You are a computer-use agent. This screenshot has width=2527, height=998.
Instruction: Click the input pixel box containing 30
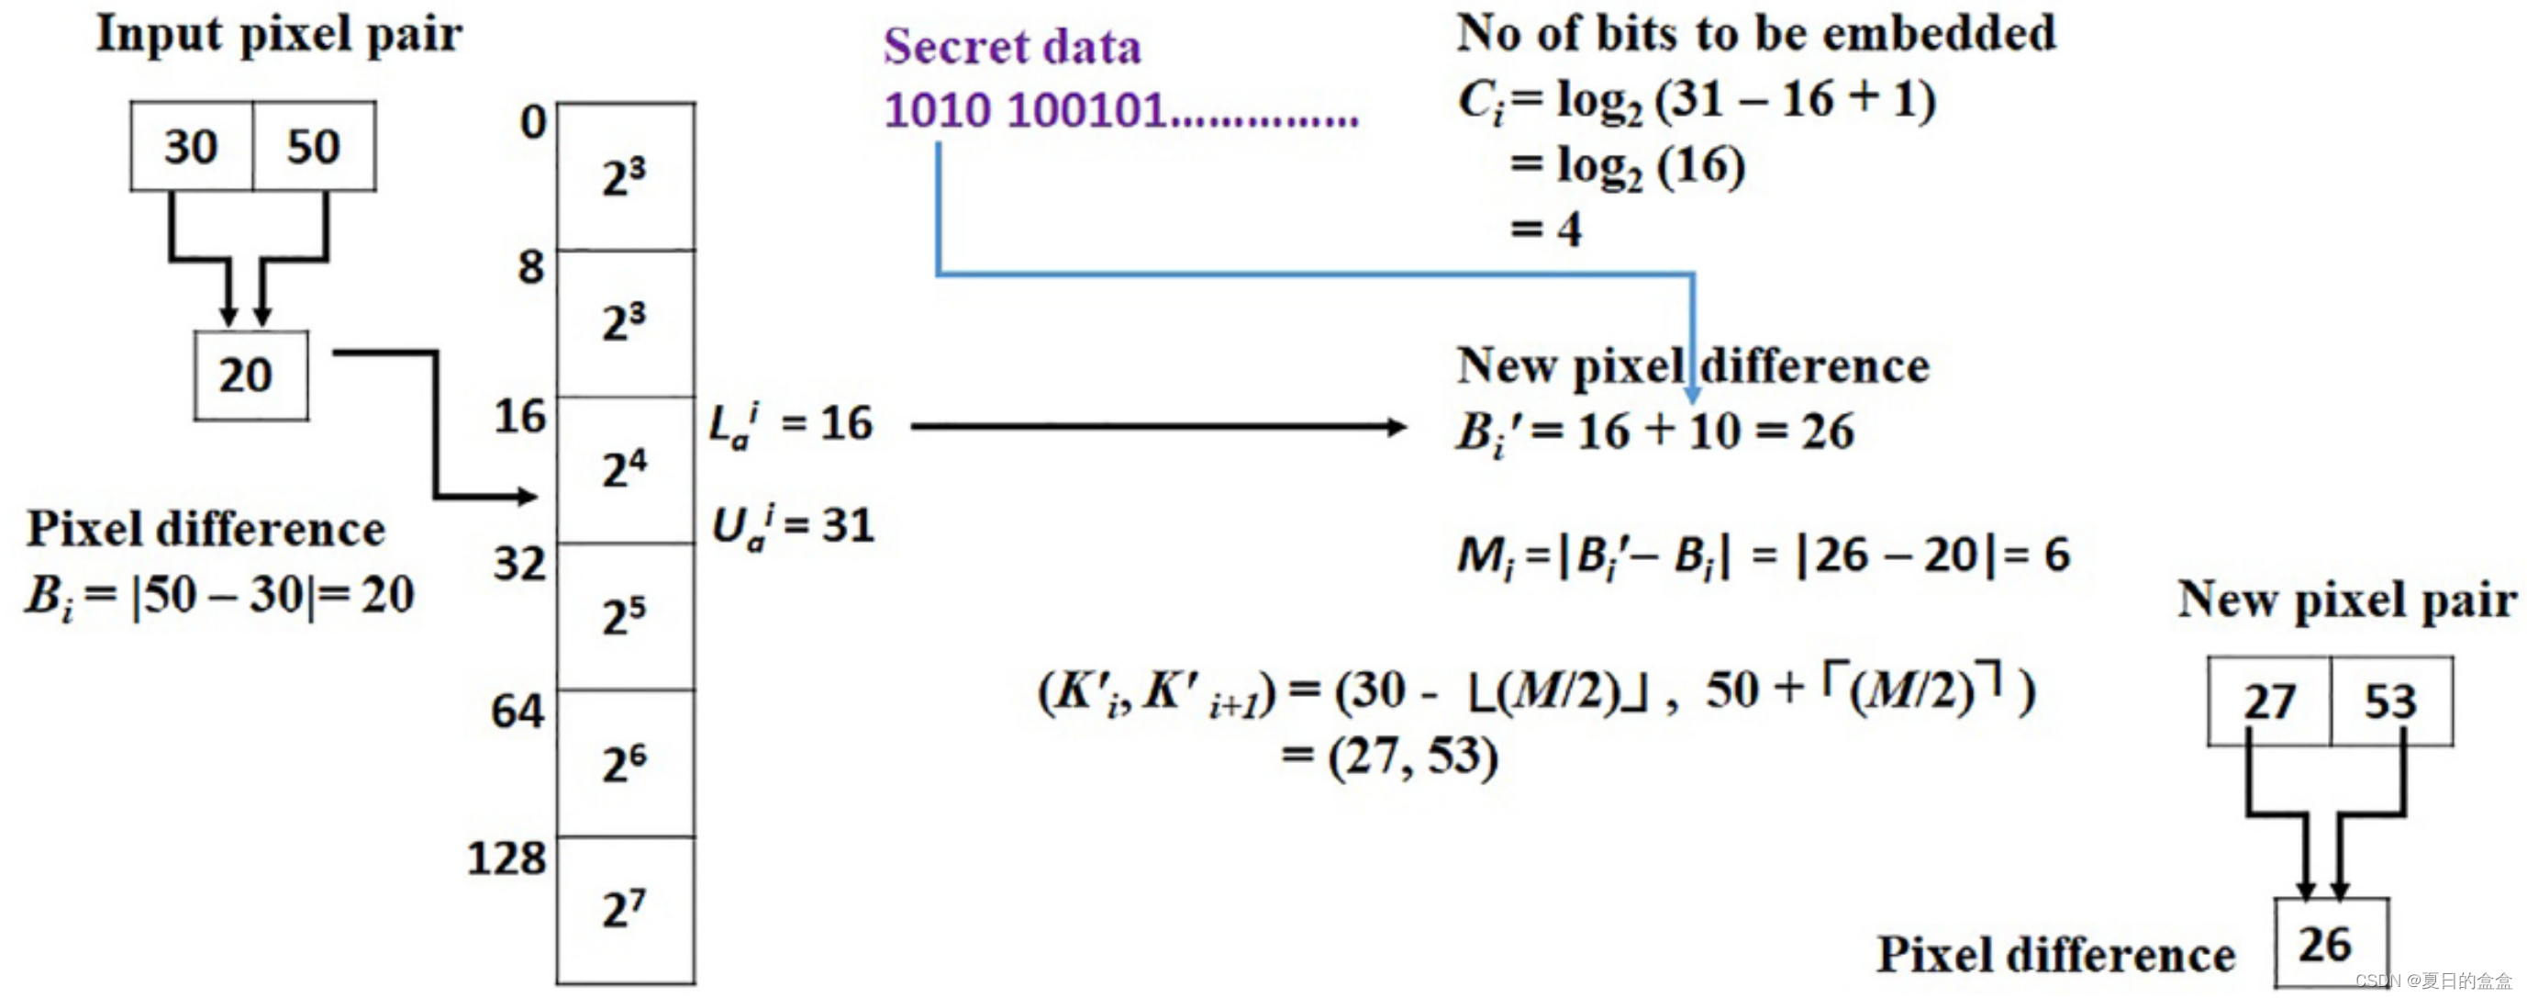pyautogui.click(x=191, y=146)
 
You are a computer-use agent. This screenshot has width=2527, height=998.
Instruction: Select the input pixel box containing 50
pyautogui.click(x=314, y=146)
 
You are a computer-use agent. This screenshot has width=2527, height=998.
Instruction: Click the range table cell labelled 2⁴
pyautogui.click(x=626, y=469)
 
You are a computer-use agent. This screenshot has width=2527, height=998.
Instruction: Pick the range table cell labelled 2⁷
pyautogui.click(x=626, y=910)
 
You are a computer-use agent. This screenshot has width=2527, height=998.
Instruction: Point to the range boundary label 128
pyautogui.click(x=507, y=858)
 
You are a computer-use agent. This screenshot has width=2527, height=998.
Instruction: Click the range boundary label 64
pyautogui.click(x=517, y=712)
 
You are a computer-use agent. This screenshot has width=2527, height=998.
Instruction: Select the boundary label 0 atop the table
pyautogui.click(x=533, y=123)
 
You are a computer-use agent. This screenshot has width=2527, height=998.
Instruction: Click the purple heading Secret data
pyautogui.click(x=1011, y=47)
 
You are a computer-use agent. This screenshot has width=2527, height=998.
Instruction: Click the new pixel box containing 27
pyautogui.click(x=2269, y=701)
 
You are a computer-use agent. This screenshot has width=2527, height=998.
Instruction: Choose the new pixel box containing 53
pyautogui.click(x=2390, y=701)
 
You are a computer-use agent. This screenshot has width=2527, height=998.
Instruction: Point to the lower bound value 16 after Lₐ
pyautogui.click(x=847, y=424)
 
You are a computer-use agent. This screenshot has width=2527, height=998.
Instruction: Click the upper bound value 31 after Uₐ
pyautogui.click(x=848, y=525)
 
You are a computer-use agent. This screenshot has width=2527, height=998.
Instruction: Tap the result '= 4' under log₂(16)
pyautogui.click(x=1546, y=230)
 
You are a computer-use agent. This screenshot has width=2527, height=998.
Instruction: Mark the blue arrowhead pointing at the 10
pyautogui.click(x=1692, y=395)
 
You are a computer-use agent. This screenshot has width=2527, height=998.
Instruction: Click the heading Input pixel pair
pyautogui.click(x=279, y=34)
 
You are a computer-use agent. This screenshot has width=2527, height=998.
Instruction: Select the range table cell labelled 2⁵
pyautogui.click(x=626, y=616)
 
